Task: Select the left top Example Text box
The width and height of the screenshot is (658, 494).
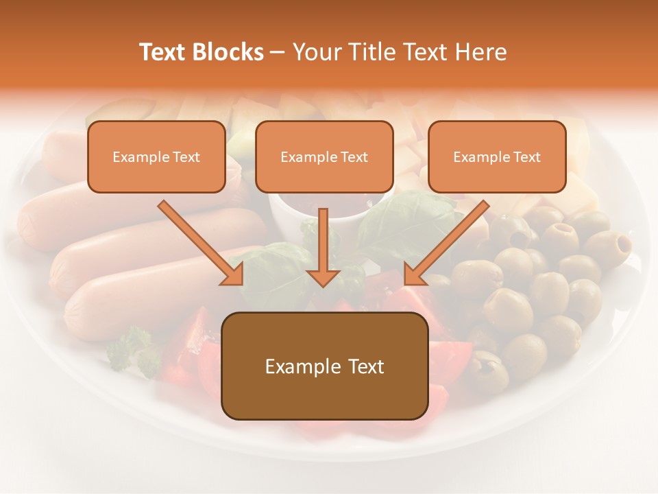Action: tap(156, 156)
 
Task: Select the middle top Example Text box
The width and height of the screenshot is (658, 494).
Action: tap(324, 156)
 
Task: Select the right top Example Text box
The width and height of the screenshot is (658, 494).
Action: tap(497, 156)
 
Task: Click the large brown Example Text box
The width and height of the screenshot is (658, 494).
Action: tap(324, 366)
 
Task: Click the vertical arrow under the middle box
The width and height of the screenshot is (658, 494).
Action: tap(323, 247)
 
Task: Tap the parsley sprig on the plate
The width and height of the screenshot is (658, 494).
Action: tap(134, 350)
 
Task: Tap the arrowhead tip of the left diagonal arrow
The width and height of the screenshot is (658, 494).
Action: tap(241, 283)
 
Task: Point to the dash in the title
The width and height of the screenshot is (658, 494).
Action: tap(278, 52)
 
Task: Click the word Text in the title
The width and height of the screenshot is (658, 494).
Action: tap(163, 52)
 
